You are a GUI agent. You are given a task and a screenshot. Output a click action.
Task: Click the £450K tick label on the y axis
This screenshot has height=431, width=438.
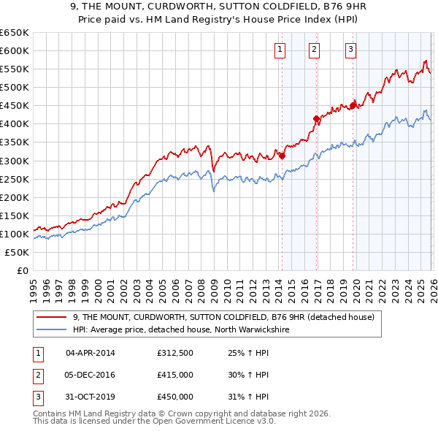(15, 105)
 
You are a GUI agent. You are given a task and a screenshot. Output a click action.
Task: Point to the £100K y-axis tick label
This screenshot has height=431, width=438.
(15, 234)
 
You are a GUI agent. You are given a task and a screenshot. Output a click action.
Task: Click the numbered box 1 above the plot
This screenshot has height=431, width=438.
(280, 50)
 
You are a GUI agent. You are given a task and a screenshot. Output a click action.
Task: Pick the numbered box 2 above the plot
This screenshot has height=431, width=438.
(315, 50)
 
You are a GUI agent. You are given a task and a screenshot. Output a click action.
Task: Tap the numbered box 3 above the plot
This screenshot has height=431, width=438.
(350, 50)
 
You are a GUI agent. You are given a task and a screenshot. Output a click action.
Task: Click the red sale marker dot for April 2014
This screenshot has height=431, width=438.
(282, 155)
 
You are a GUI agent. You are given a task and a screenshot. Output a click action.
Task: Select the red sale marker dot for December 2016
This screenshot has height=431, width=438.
(316, 118)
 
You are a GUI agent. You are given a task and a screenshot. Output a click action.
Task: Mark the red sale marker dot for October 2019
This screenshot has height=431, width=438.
(353, 104)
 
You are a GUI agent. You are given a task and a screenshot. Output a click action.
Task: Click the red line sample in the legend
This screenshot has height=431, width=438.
(52, 318)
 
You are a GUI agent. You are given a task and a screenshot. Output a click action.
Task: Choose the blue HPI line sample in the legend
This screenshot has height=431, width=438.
(52, 330)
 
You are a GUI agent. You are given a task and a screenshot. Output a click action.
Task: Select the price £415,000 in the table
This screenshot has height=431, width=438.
(175, 375)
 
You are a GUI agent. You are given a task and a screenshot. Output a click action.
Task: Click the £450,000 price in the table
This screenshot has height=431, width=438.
(175, 397)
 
